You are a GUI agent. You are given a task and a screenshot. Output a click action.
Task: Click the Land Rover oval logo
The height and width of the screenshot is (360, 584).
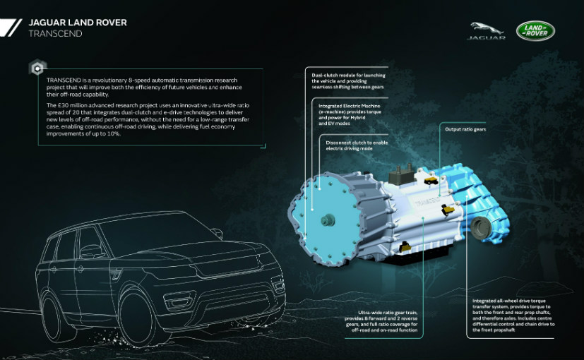[535, 31]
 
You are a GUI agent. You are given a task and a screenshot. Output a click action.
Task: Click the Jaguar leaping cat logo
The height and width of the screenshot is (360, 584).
[487, 30]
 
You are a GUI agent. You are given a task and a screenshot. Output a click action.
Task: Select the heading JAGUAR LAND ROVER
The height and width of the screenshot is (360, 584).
[78, 22]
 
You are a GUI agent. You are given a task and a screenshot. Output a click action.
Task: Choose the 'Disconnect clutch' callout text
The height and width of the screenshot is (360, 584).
[347, 146]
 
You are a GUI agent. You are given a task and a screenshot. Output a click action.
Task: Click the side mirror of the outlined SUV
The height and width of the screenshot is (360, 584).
[91, 251]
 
